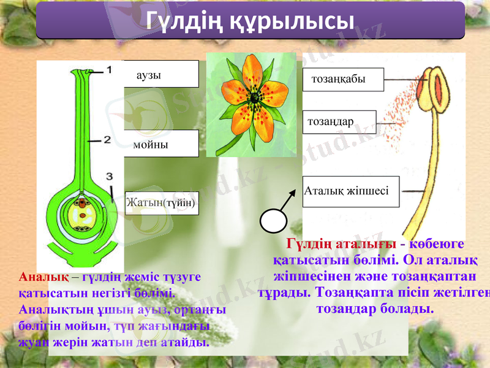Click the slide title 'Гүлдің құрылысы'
tap(251, 21)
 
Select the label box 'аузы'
tap(161, 74)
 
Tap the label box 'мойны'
tap(161, 144)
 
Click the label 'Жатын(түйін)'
tap(161, 202)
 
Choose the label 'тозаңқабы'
tap(343, 79)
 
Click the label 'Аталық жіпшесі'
tap(350, 191)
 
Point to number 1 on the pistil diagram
tap(108, 69)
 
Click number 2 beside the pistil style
tap(107, 140)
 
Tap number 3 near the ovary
tap(109, 177)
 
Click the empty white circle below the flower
tap(273, 221)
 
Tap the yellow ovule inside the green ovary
tap(81, 214)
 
